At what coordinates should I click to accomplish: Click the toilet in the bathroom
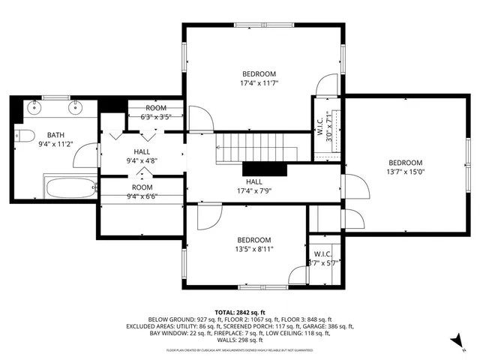pyautogui.click(x=24, y=136)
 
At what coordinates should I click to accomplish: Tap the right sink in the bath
pyautogui.click(x=75, y=107)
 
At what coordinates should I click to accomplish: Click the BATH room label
pyautogui.click(x=56, y=135)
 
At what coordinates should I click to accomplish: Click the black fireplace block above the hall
pyautogui.click(x=266, y=169)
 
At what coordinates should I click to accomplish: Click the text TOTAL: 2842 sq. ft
pyautogui.click(x=240, y=311)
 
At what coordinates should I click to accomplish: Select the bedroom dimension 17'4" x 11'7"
pyautogui.click(x=259, y=84)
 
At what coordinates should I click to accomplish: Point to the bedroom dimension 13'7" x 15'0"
pyautogui.click(x=405, y=172)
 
